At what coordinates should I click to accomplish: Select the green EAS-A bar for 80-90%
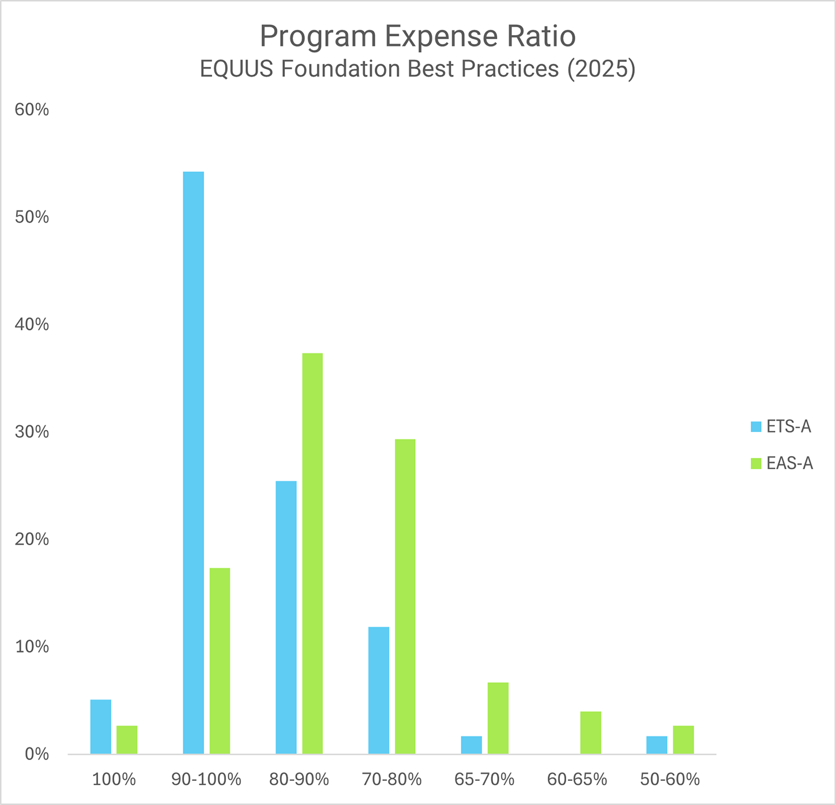(x=312, y=554)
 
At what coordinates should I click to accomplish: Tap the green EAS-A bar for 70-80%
(x=405, y=596)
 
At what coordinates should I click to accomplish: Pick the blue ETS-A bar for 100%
(x=101, y=727)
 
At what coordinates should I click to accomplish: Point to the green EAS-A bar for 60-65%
(x=590, y=732)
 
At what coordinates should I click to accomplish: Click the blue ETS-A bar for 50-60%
(x=657, y=744)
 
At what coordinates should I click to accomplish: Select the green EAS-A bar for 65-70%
(x=498, y=718)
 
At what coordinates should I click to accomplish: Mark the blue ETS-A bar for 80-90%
(x=286, y=617)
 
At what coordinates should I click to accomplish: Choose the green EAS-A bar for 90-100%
(x=220, y=661)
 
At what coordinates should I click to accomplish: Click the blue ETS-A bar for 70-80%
(x=379, y=690)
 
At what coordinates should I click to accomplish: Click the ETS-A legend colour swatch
(x=756, y=427)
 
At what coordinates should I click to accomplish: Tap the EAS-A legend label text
(x=789, y=464)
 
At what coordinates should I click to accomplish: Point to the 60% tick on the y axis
(x=32, y=110)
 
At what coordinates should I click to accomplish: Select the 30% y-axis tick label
(x=32, y=432)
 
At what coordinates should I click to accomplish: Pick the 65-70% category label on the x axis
(x=484, y=780)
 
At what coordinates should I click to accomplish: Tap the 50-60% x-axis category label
(x=670, y=780)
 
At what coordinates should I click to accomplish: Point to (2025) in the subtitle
(x=601, y=69)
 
